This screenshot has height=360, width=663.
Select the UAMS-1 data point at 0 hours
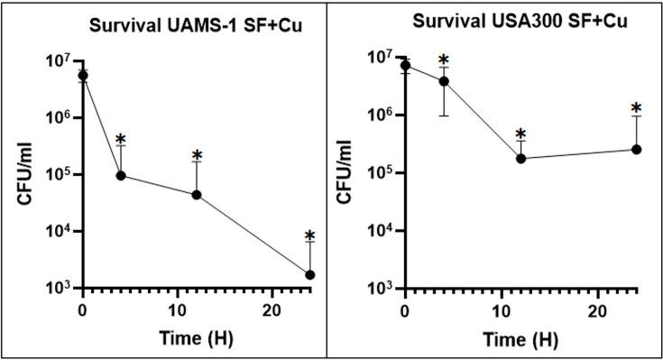pyautogui.click(x=83, y=76)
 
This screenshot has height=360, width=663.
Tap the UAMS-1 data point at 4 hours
pyautogui.click(x=121, y=175)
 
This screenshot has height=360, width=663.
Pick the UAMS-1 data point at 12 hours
pyautogui.click(x=196, y=195)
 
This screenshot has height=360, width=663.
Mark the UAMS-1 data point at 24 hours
pyautogui.click(x=309, y=274)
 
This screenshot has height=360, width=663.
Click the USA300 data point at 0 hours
pyautogui.click(x=406, y=65)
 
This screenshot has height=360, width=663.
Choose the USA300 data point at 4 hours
pyautogui.click(x=444, y=81)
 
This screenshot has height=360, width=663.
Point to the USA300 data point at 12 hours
pyautogui.click(x=520, y=159)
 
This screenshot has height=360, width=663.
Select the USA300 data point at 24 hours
pyautogui.click(x=635, y=150)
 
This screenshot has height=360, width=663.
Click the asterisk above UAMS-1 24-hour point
pyautogui.click(x=309, y=237)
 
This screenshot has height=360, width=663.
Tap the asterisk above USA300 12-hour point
pyautogui.click(x=520, y=135)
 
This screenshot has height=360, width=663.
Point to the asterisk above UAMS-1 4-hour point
pyautogui.click(x=121, y=141)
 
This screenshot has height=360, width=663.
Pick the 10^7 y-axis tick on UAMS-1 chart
pyautogui.click(x=58, y=61)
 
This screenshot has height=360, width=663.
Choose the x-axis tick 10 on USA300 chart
pyautogui.click(x=501, y=310)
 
